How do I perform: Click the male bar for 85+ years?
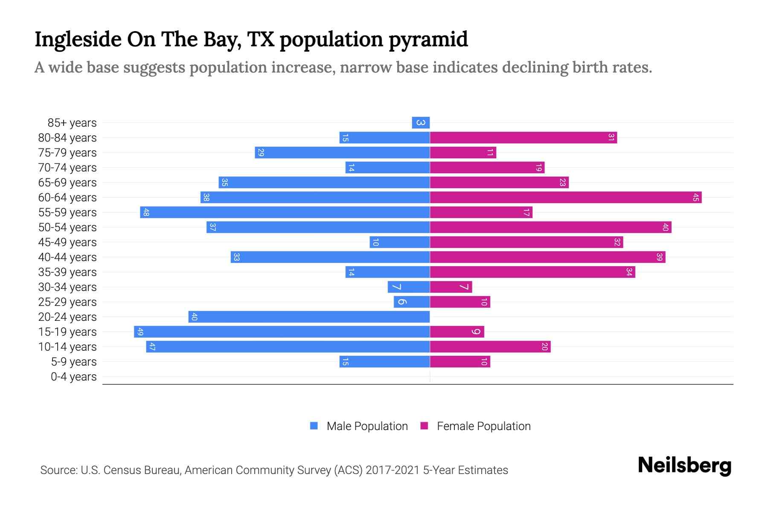click(x=421, y=123)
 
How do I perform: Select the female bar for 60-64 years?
click(x=565, y=198)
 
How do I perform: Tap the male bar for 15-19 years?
click(x=282, y=332)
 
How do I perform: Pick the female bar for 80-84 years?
click(x=523, y=138)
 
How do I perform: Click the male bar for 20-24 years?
click(x=309, y=317)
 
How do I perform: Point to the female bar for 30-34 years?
click(x=451, y=287)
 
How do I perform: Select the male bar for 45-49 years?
click(x=399, y=242)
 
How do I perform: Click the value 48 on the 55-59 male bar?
click(x=146, y=212)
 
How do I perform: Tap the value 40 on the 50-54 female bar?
click(x=665, y=227)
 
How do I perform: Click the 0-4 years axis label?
click(x=73, y=377)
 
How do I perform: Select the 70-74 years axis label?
click(x=67, y=168)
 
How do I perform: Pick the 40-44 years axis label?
click(x=67, y=257)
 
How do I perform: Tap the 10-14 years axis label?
click(x=67, y=347)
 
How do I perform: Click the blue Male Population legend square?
click(x=314, y=426)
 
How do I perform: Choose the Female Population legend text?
click(x=483, y=426)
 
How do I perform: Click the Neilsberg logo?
click(x=684, y=465)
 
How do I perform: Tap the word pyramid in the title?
click(x=428, y=40)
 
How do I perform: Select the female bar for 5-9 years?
click(x=460, y=362)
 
